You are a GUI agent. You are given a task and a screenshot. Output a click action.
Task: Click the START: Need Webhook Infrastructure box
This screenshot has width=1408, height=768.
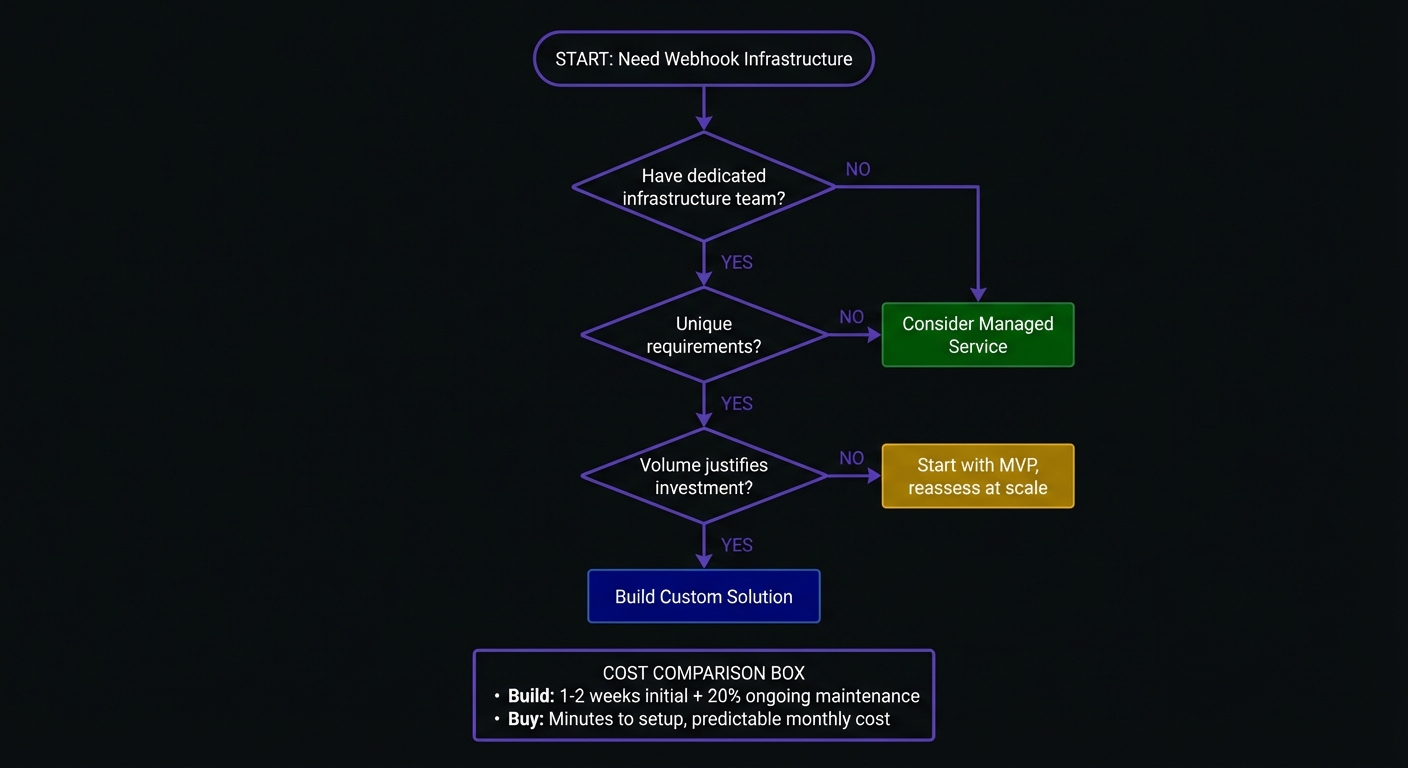[x=704, y=59]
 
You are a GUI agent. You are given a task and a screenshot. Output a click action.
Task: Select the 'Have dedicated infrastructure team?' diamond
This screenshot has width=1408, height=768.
[x=704, y=187]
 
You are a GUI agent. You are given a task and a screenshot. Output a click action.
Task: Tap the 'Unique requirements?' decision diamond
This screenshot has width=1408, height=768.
[x=704, y=335]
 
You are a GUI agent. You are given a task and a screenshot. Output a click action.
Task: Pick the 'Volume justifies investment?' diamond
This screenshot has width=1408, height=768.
[x=704, y=476]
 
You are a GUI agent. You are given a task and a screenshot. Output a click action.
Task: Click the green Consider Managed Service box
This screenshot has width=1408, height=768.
[x=977, y=335]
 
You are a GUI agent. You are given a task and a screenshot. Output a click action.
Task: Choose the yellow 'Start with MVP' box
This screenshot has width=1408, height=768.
[x=977, y=476]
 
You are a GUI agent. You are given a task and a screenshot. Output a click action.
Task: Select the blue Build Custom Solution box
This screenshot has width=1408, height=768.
[x=704, y=597]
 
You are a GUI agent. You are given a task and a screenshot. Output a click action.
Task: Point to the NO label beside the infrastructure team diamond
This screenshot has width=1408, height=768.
[x=858, y=169]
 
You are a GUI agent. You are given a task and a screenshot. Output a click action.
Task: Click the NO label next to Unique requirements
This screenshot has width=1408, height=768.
[x=851, y=317]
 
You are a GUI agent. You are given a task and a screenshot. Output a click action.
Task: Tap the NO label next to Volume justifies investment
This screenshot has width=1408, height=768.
[x=851, y=458]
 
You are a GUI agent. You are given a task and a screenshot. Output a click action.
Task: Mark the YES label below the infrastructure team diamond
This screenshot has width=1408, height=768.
[x=737, y=262]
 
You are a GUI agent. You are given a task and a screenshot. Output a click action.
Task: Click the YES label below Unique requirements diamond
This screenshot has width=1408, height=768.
[x=737, y=403]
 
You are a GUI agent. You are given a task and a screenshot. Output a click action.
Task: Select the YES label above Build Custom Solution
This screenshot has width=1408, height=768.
[x=737, y=545]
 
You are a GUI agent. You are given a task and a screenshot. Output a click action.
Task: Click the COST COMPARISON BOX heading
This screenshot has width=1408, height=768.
[x=704, y=673]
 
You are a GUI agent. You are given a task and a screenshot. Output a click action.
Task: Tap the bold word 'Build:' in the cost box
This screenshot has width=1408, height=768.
[x=531, y=696]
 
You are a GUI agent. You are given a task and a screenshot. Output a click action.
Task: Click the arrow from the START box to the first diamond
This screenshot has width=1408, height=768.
[x=704, y=108]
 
